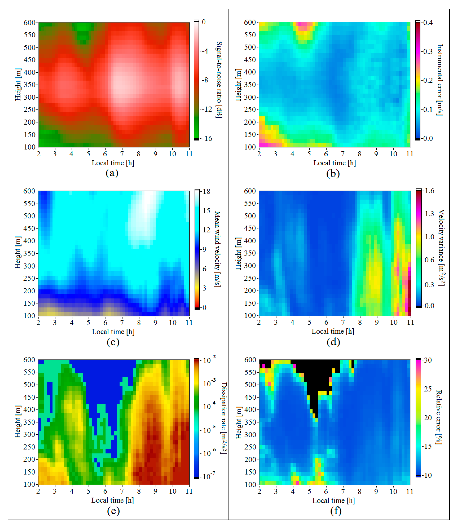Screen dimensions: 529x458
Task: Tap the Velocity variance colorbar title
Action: pos(441,248)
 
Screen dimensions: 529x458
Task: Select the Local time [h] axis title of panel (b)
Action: pos(334,163)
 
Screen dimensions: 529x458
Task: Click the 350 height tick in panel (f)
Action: pos(250,422)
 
